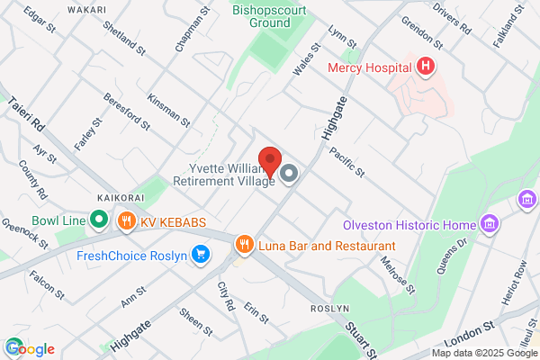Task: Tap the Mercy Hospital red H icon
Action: click(426, 67)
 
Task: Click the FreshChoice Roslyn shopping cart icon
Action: click(202, 256)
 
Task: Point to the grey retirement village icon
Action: click(289, 173)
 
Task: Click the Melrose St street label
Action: click(396, 274)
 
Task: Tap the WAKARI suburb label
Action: click(87, 10)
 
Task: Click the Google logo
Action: click(30, 348)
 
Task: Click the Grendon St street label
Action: click(425, 32)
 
